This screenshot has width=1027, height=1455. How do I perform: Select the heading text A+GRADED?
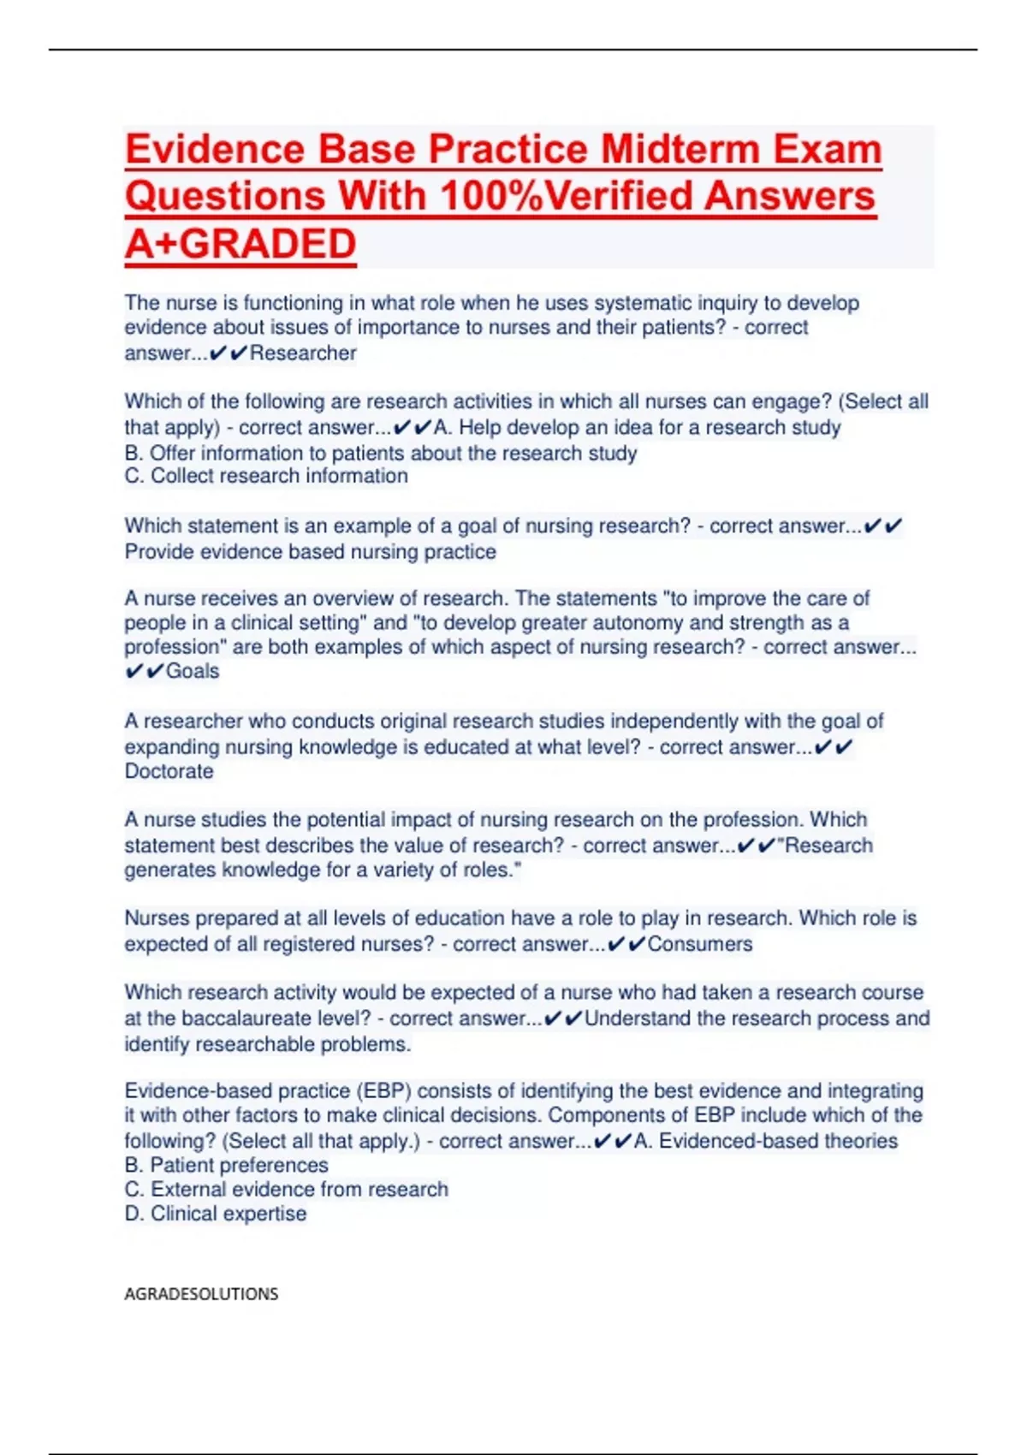click(x=240, y=244)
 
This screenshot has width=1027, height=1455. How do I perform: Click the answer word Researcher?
click(x=303, y=353)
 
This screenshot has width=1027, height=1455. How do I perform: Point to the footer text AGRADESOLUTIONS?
click(x=201, y=1293)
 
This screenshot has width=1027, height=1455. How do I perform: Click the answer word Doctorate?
click(x=169, y=771)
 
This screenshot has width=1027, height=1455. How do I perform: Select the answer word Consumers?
click(x=700, y=944)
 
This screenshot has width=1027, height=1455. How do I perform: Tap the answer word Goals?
click(x=193, y=671)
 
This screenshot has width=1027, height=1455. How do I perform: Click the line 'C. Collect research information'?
click(x=266, y=476)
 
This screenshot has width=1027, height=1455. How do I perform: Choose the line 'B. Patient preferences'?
click(x=226, y=1165)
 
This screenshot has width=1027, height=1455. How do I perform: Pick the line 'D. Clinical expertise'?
click(x=215, y=1214)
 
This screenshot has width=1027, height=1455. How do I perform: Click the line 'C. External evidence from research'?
click(x=286, y=1189)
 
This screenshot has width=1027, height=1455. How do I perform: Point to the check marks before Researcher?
click(x=229, y=353)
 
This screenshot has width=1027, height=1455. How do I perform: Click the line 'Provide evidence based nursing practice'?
click(x=310, y=551)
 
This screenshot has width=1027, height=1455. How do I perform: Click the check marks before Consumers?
click(x=626, y=944)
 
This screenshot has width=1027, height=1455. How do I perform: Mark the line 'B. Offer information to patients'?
click(x=380, y=453)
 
